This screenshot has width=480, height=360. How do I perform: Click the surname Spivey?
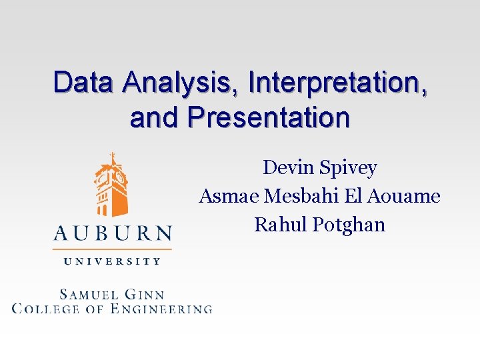[x=348, y=168]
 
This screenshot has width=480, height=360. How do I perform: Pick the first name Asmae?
[x=230, y=196]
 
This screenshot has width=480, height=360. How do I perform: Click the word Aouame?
[x=407, y=196]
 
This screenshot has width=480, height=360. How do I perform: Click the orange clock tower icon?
[x=112, y=186]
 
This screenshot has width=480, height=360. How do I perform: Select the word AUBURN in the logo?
[x=112, y=233]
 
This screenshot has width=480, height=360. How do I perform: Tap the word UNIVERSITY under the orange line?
[x=112, y=261]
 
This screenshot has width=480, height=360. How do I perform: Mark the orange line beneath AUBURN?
[x=112, y=249]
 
